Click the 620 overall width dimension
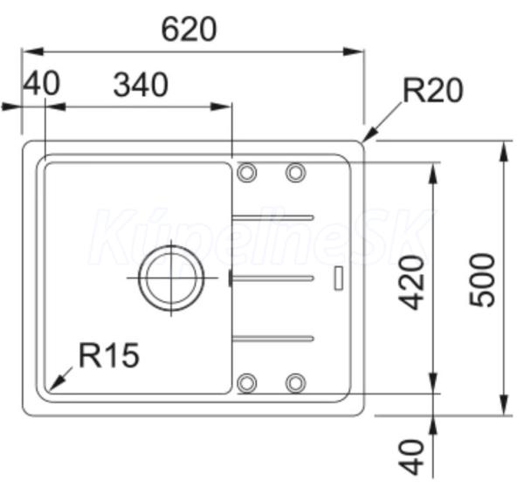189,30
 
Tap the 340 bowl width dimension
141,86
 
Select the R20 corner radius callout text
433,90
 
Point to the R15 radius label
109,355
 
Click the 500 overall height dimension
482,280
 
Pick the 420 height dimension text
411,282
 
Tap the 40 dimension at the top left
41,84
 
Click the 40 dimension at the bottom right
411,456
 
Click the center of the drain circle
171,278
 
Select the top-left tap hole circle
246,172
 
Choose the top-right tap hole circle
295,172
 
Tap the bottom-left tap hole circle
246,383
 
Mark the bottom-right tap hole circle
295,383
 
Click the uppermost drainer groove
272,218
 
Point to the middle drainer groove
272,278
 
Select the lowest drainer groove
272,339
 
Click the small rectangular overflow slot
339,278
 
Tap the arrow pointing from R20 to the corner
383,122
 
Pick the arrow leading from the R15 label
60,379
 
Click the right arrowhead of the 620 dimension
354,51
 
